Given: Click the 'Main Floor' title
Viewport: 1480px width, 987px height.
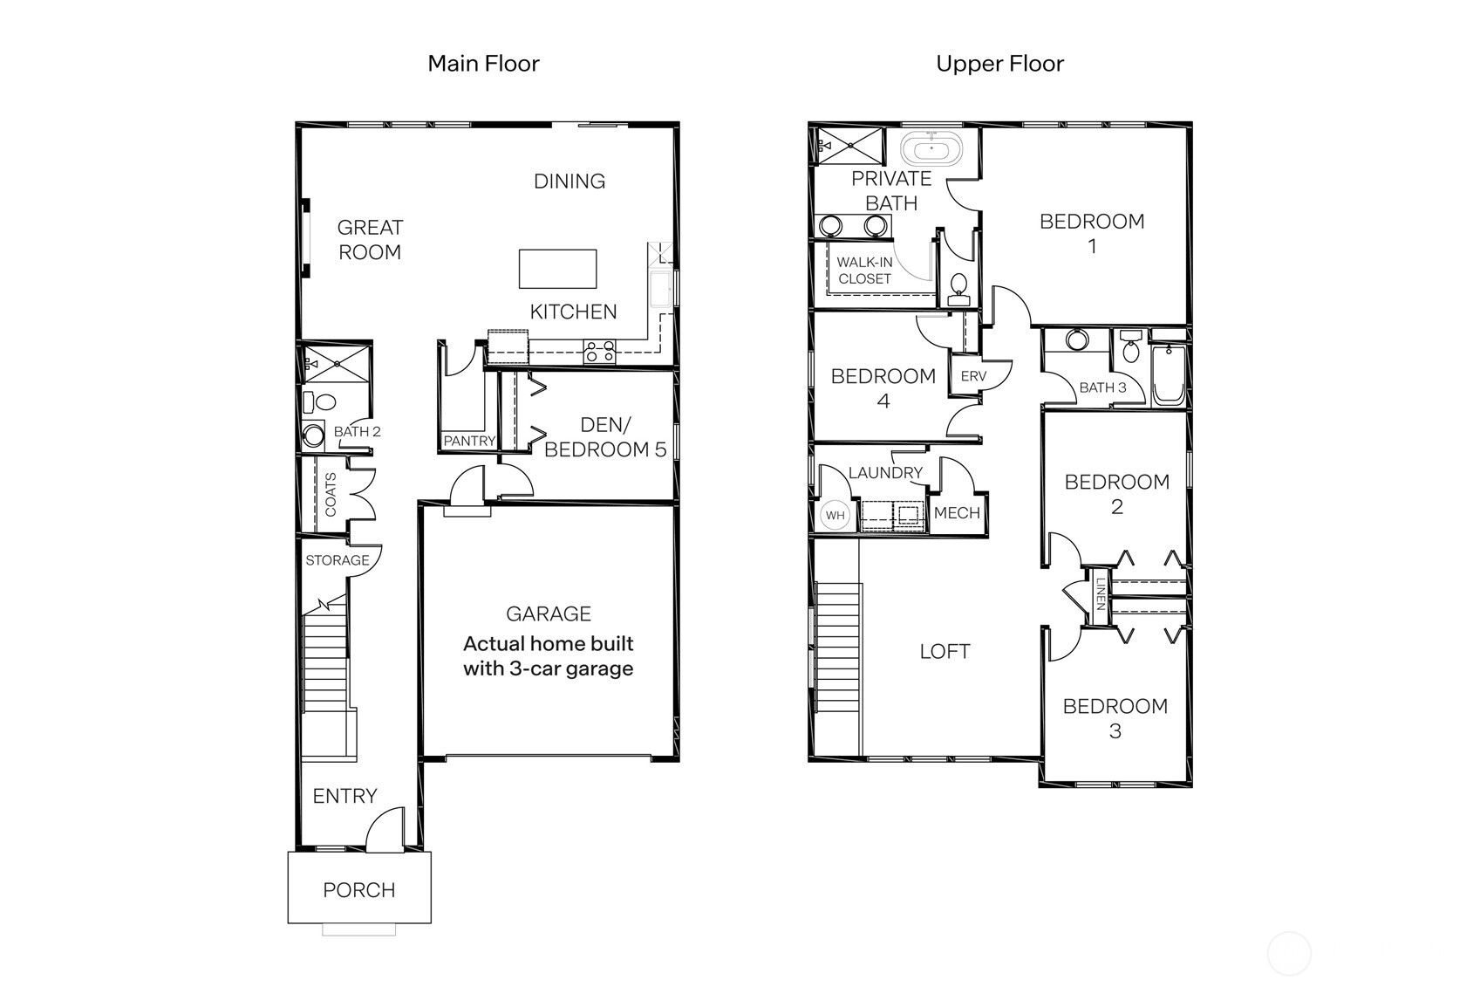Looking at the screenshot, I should (483, 64).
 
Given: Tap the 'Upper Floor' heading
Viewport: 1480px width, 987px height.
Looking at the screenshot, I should (999, 64).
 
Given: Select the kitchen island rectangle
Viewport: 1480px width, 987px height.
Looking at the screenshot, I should (558, 269).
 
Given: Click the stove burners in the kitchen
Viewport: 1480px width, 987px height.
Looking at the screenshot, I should (600, 352).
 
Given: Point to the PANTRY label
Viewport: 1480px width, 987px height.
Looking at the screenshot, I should (468, 442).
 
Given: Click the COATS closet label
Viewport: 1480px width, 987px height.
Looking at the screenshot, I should (331, 495).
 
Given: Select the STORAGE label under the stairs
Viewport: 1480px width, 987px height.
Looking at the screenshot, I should (337, 560).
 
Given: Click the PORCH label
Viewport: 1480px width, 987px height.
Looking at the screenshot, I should (358, 890).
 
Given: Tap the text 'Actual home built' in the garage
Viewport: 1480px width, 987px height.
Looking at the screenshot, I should (548, 644).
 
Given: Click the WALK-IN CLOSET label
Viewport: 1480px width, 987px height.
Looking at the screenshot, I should (864, 271).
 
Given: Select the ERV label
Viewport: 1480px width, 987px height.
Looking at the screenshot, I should (972, 376).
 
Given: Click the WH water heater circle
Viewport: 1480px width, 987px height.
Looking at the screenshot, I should (835, 515).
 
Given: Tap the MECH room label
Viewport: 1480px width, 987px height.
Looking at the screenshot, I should (957, 513).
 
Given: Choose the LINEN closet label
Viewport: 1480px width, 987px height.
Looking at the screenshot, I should (1100, 594).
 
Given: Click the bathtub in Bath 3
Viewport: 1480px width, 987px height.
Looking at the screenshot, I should (1168, 377).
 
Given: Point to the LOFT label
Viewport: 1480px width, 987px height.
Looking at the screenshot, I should (945, 651).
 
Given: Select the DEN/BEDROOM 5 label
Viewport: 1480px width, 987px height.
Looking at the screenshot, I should (605, 437).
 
